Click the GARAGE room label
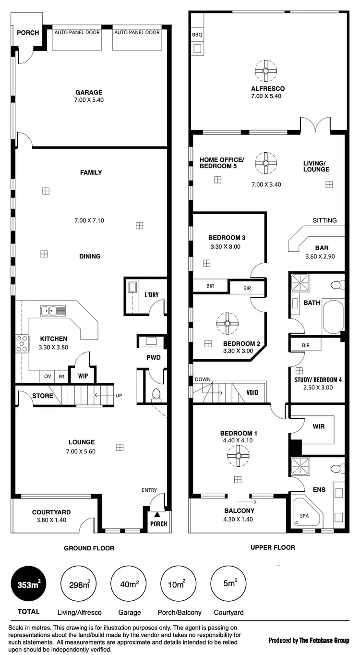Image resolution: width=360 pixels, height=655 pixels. pos(89,93)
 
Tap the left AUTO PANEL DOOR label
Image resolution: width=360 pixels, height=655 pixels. pos(77,33)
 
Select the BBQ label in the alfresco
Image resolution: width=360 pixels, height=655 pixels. pos(197,36)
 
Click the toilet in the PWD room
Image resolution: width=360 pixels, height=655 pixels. pos(156,394)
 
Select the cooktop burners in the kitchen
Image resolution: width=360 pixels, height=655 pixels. pos(22,344)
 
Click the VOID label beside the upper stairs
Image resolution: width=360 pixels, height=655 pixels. pos(252,392)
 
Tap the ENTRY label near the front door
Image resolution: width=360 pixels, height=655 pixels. pos(149,490)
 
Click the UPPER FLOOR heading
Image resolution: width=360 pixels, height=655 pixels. pos(273,547)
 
